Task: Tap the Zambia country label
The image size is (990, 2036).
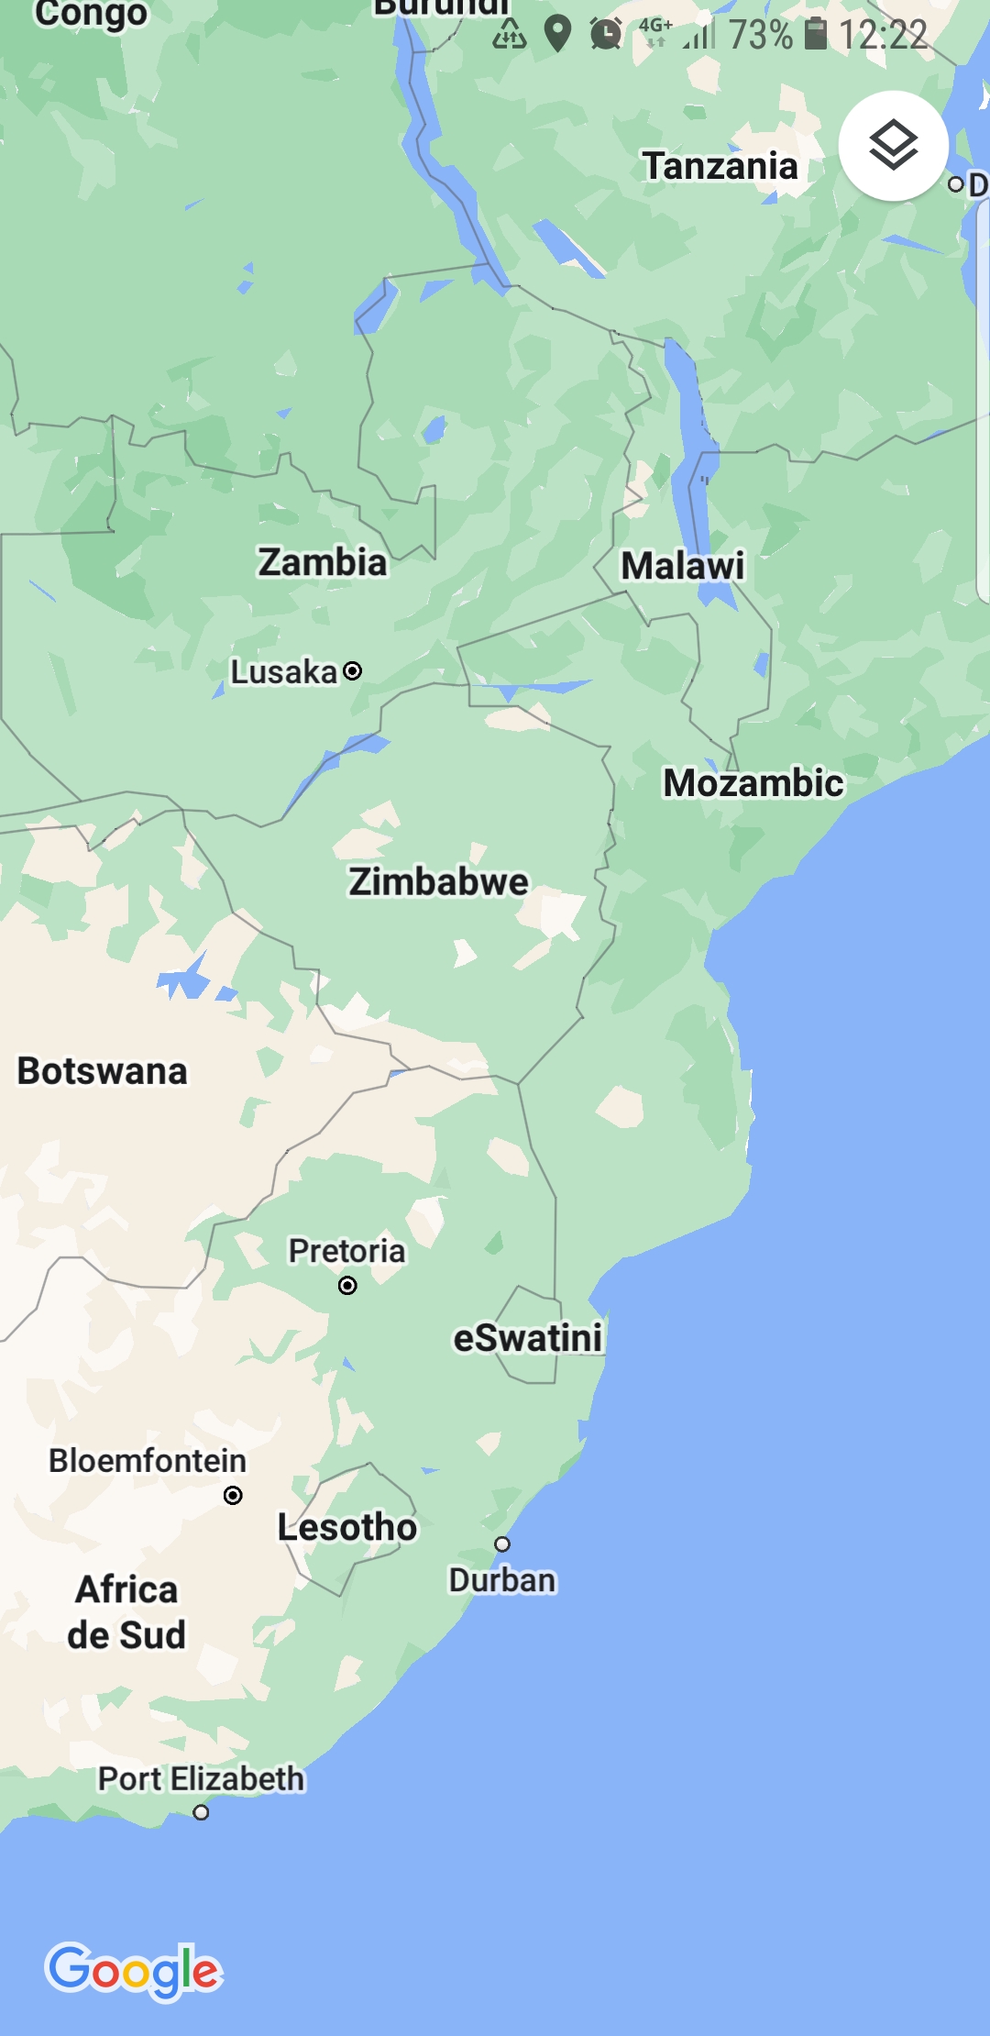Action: point(322,562)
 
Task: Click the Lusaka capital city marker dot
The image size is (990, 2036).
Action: point(353,671)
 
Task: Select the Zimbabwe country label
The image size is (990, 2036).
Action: point(438,881)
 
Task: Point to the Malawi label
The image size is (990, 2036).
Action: point(683,566)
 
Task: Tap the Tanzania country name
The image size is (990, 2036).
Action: point(720,166)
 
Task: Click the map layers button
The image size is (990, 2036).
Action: point(893,146)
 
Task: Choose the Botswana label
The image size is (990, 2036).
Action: point(102,1071)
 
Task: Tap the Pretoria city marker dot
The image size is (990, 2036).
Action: point(347,1285)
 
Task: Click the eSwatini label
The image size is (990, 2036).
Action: point(528,1338)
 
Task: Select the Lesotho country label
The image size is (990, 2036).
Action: point(347,1528)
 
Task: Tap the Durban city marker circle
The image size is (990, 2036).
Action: point(502,1544)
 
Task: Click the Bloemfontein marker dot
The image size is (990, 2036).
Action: point(234,1496)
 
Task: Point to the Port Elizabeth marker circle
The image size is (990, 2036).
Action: point(201,1812)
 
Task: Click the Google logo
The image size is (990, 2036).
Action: point(134,1970)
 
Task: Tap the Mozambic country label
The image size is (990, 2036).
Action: point(753,783)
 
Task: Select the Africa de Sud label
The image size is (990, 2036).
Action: point(126,1612)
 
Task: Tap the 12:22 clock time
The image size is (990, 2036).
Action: point(883,35)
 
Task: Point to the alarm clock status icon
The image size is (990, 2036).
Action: point(606,34)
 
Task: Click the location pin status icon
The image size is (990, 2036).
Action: point(557,34)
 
